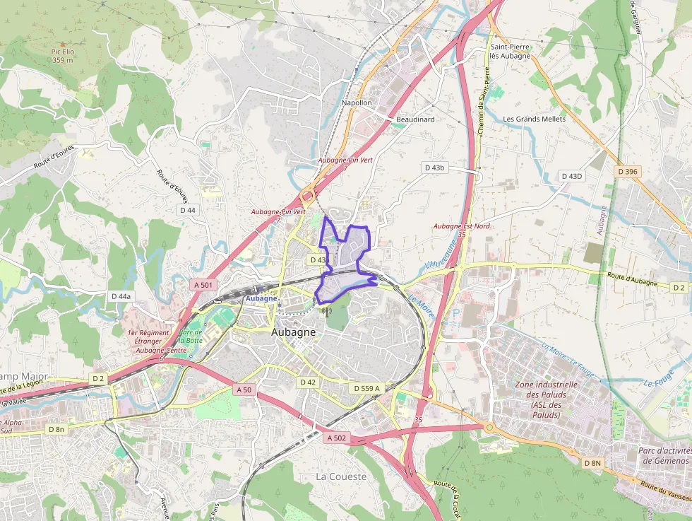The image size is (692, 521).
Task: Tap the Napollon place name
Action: point(357,103)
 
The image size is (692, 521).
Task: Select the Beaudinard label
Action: point(415,119)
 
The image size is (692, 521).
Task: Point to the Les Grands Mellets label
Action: point(535,119)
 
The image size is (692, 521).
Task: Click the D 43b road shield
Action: point(435,168)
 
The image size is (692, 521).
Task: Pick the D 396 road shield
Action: point(627,171)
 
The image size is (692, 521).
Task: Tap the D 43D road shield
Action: point(572,175)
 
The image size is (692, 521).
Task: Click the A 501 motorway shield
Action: point(203,284)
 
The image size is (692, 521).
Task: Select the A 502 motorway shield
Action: point(337,438)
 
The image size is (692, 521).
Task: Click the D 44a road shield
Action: point(121,296)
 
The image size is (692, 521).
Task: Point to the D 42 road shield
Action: point(308,382)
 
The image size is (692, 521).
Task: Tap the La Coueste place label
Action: point(341,476)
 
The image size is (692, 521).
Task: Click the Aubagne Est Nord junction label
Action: point(462,226)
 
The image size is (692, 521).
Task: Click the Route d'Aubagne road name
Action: point(633,281)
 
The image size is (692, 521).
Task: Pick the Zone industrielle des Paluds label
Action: point(547,399)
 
